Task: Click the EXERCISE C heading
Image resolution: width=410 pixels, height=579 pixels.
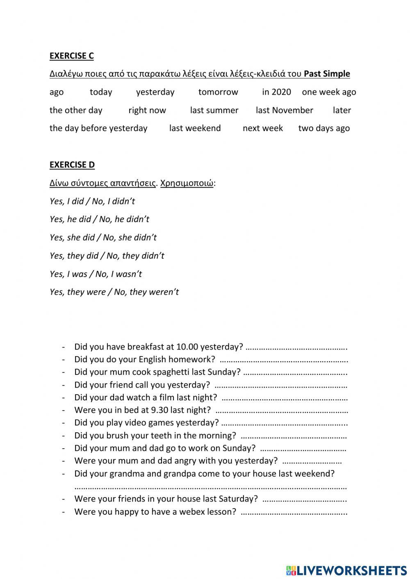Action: [71, 56]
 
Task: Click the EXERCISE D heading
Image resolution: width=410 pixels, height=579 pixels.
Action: [72, 165]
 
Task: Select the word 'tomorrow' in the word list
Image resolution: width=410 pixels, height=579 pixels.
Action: [218, 92]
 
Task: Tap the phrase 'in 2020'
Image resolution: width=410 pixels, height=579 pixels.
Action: [276, 92]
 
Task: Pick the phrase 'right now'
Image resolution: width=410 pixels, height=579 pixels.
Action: [147, 110]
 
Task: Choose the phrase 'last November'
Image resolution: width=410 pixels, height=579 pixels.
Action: [284, 110]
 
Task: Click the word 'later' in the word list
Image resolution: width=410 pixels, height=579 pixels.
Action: [342, 110]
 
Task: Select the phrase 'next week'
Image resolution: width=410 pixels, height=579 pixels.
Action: [262, 128]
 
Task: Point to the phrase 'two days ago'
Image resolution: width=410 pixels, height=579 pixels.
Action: [324, 128]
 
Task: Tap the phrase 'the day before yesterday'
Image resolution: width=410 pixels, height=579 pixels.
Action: [98, 128]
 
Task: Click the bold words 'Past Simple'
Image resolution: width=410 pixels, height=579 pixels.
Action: [327, 74]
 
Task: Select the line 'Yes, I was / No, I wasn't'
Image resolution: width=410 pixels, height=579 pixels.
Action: [96, 274]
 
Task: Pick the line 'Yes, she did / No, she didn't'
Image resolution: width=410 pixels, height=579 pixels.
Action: [103, 238]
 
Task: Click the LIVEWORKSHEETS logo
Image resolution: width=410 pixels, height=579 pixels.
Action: [346, 570]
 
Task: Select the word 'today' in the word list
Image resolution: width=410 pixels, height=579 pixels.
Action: [101, 92]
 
